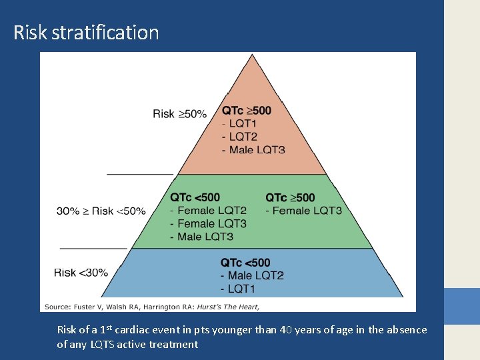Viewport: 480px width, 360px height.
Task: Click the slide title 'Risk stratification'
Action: click(86, 32)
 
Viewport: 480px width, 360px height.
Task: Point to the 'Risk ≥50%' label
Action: click(179, 114)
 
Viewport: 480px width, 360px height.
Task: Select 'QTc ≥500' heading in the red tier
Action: click(247, 110)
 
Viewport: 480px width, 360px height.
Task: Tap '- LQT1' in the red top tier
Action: click(239, 123)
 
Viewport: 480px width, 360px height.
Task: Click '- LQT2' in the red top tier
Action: click(239, 137)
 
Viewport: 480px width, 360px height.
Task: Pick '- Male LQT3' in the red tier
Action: click(253, 150)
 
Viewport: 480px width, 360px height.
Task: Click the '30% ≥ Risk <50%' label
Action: click(101, 211)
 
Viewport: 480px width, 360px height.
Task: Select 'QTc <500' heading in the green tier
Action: click(195, 197)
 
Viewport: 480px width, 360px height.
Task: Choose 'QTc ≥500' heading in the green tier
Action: click(290, 197)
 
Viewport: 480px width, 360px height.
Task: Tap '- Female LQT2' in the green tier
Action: click(208, 211)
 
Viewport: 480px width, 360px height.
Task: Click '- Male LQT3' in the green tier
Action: click(201, 237)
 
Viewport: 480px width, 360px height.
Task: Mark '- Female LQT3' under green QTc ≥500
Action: click(303, 211)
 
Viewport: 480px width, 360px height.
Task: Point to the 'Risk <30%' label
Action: click(81, 272)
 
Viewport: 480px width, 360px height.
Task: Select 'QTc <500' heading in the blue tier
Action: click(245, 263)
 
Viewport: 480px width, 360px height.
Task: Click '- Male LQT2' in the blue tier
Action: click(252, 276)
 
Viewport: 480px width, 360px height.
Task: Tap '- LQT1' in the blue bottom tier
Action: click(237, 289)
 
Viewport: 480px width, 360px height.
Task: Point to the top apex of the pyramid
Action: click(251, 56)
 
